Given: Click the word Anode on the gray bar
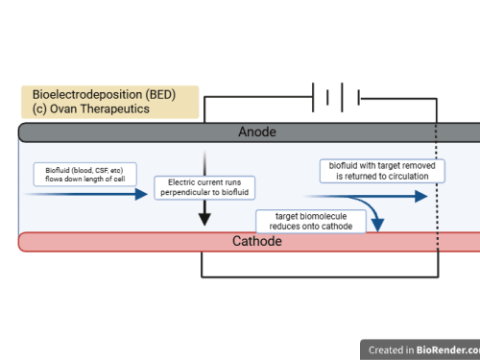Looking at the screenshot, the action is click(x=257, y=132).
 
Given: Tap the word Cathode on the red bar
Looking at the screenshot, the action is click(x=257, y=241).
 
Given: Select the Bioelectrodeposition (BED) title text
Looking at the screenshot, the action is click(x=104, y=95).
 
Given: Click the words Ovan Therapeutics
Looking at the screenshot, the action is click(x=100, y=108).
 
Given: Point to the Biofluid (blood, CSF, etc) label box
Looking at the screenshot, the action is click(x=85, y=175).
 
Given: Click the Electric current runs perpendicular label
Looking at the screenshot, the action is click(x=204, y=187).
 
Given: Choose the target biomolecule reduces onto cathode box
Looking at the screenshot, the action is click(x=311, y=221).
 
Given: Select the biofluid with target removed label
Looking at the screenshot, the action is click(x=382, y=171).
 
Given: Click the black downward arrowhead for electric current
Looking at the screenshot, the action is click(x=204, y=219).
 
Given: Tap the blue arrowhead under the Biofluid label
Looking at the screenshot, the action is click(x=141, y=194).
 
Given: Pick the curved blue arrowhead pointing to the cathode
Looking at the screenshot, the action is click(x=378, y=225).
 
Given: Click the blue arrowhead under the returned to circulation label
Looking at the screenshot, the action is click(x=421, y=196).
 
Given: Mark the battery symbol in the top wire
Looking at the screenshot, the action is click(x=336, y=97).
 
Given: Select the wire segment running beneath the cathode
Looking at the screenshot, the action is click(x=320, y=276).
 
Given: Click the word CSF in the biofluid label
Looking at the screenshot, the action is click(x=101, y=170).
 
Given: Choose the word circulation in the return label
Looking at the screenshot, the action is click(x=408, y=177).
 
